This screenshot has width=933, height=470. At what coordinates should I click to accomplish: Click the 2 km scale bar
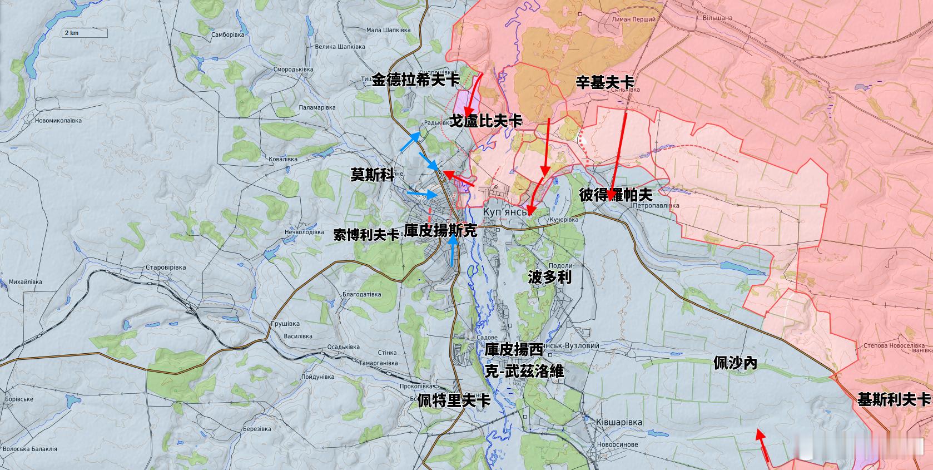pos(84,33)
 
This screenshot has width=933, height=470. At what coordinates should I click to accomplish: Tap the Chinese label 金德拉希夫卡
pos(415,80)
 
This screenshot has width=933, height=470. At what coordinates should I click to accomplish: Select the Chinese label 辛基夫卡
pos(604,83)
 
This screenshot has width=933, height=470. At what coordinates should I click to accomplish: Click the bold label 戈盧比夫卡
pos(485,121)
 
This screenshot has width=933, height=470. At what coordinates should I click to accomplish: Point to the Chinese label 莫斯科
pos(372,175)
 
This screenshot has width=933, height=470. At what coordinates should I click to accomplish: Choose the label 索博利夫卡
pos(366,235)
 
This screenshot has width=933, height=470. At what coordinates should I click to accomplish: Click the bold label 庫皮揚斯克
pos(440,231)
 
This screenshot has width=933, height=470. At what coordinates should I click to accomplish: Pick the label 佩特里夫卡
pos(454,400)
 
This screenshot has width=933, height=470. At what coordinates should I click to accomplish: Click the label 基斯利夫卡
pos(894,399)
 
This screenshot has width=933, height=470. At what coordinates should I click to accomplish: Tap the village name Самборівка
pos(227,34)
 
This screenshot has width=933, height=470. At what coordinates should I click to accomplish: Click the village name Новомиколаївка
pos(58,121)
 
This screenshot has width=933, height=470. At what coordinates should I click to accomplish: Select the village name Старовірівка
pos(165,268)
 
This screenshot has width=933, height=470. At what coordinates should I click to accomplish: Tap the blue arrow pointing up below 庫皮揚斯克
pos(453,250)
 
